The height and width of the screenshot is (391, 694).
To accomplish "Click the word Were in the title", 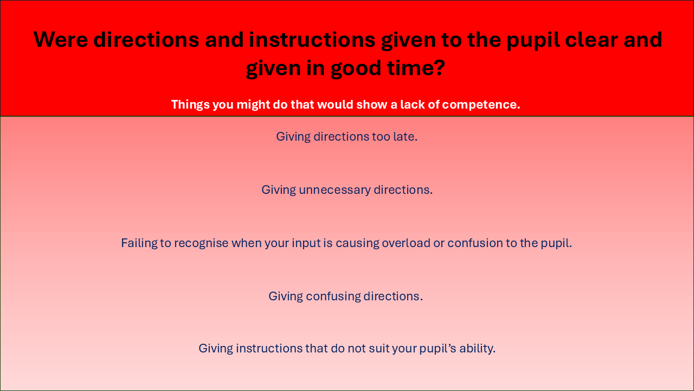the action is coord(60,40).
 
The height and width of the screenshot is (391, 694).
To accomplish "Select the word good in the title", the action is coord(356,68).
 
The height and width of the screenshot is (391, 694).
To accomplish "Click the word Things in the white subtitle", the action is coord(190,105).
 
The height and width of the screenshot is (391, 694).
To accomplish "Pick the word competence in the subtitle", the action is coord(481,105).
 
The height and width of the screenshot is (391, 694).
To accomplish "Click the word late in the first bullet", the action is coord(405,136).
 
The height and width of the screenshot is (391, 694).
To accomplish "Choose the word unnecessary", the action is coord(335,190).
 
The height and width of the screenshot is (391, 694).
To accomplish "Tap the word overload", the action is coord(406,243).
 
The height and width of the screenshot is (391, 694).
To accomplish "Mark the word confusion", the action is coord(475,243).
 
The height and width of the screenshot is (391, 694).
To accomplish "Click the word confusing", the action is coord(333,297).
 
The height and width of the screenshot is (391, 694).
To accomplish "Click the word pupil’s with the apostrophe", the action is coord(438,349).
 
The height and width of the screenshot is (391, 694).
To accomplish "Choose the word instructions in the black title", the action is coord(312,40).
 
